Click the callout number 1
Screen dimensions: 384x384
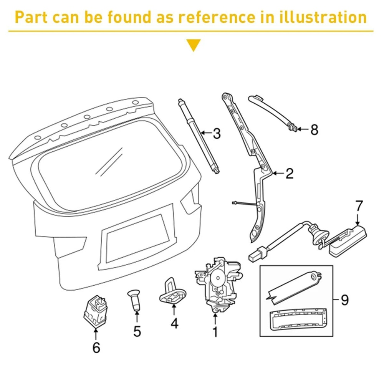pyautogui.click(x=215, y=331)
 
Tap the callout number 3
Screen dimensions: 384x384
pyautogui.click(x=217, y=134)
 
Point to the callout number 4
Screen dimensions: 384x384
pyautogui.click(x=174, y=323)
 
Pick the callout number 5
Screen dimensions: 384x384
pyautogui.click(x=137, y=331)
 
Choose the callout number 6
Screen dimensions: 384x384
pyautogui.click(x=96, y=347)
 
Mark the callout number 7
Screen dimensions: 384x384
pyautogui.click(x=358, y=206)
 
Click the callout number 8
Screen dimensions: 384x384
pyautogui.click(x=314, y=130)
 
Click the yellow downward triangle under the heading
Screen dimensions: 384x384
pyautogui.click(x=193, y=45)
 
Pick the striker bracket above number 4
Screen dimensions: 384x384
pyautogui.click(x=173, y=293)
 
